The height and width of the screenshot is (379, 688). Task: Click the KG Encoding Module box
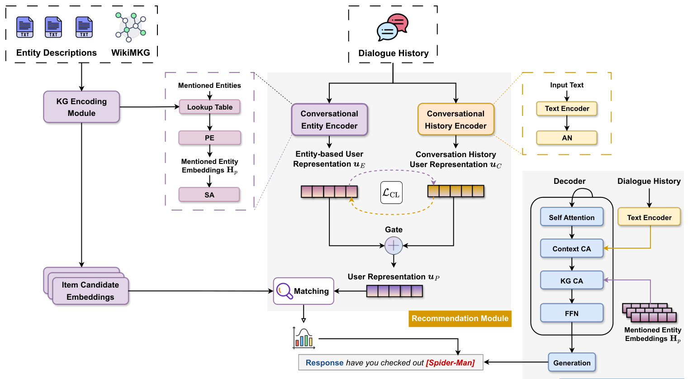(x=81, y=107)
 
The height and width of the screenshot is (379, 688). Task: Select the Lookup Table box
(x=209, y=107)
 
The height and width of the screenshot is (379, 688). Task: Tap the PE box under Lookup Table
(x=209, y=138)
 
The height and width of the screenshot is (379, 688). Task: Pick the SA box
(x=209, y=195)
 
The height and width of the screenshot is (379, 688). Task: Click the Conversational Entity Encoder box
(x=329, y=120)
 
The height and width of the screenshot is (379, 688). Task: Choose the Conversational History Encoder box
(x=456, y=120)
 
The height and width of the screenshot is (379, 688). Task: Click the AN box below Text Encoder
(x=567, y=138)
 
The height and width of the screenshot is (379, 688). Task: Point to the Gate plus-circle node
(x=394, y=245)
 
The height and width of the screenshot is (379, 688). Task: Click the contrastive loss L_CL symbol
(x=391, y=193)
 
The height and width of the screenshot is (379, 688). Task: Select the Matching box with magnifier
(x=304, y=291)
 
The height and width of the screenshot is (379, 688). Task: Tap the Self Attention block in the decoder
(x=572, y=217)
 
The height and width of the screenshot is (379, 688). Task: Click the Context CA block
(x=572, y=249)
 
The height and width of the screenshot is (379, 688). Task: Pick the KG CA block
(x=572, y=281)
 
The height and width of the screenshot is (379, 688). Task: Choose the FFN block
(x=572, y=313)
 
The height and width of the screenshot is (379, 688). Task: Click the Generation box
(x=572, y=363)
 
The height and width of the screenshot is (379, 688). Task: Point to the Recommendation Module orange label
(x=460, y=318)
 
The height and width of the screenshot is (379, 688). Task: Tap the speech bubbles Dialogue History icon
(x=393, y=27)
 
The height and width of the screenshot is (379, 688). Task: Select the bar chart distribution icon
(x=304, y=338)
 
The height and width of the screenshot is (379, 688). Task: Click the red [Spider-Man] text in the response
(x=450, y=363)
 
